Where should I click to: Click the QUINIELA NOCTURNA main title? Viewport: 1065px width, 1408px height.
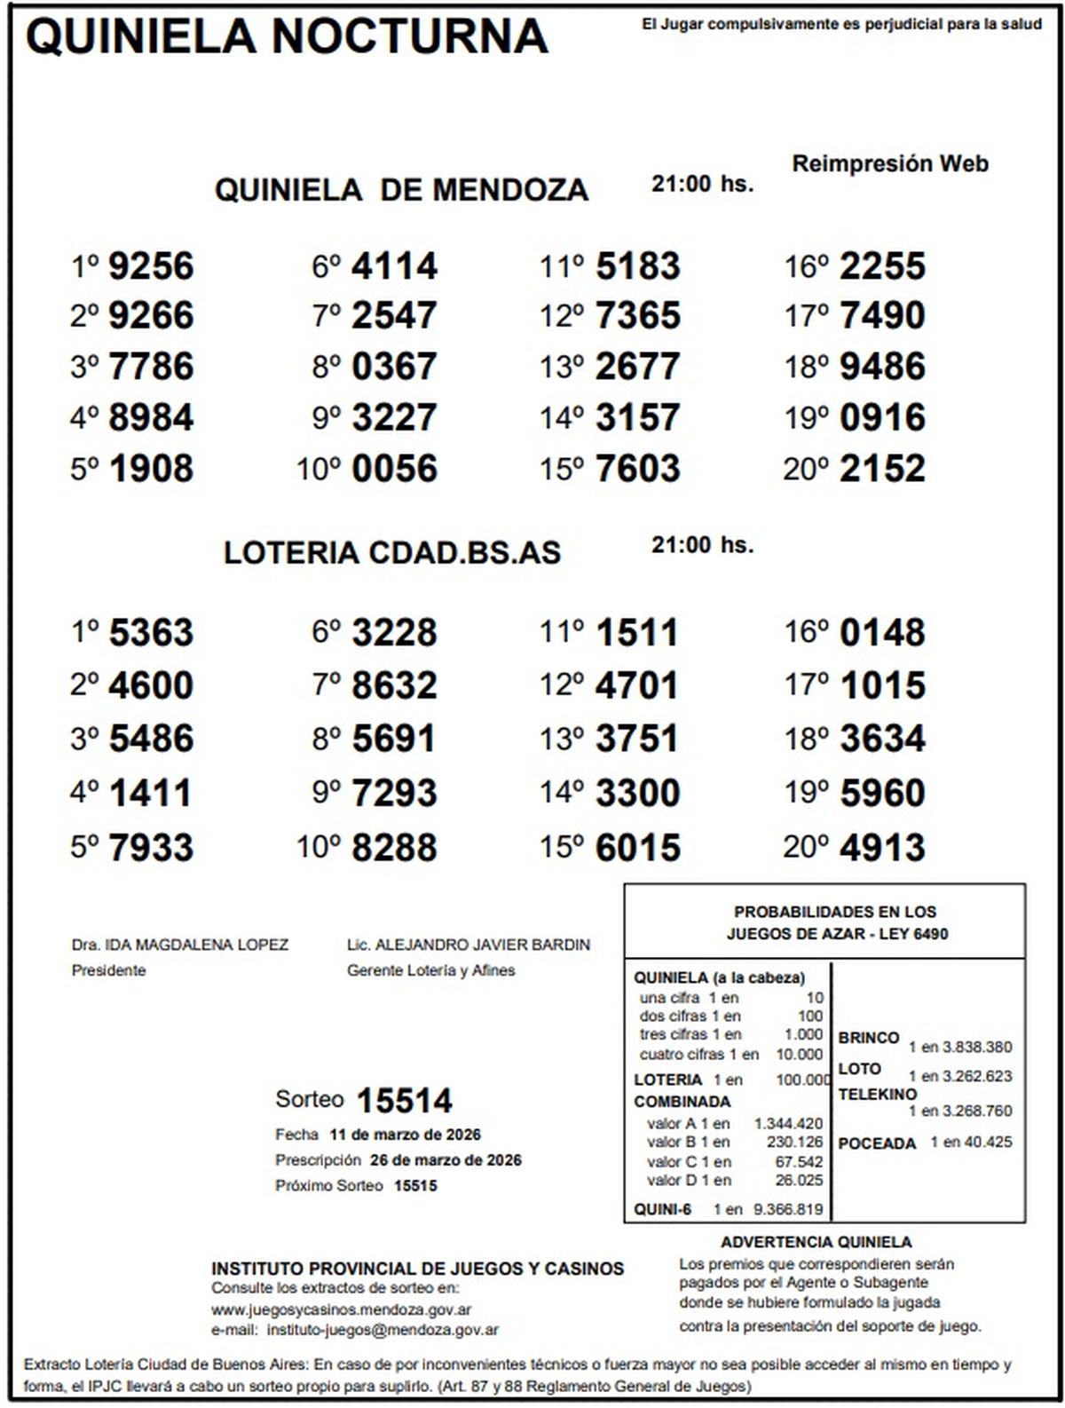(287, 36)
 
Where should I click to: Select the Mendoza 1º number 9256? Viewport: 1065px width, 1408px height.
(150, 265)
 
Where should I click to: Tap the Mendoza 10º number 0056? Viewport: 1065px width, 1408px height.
(394, 469)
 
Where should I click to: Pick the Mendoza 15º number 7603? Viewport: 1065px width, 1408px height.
(637, 469)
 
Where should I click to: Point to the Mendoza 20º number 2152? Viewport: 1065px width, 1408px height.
(882, 469)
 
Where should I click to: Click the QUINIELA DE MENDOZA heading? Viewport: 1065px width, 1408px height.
(401, 189)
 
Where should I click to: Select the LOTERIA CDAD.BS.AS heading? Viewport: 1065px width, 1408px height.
(392, 552)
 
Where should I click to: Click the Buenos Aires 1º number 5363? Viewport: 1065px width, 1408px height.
(150, 633)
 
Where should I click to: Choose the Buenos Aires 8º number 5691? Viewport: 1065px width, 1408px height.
(394, 739)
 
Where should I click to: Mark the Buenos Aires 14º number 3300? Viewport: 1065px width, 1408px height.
(637, 793)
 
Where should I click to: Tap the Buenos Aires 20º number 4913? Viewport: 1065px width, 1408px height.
(882, 848)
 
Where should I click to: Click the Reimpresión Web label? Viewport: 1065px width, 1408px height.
(889, 163)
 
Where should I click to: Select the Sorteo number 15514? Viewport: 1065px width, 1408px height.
(404, 1101)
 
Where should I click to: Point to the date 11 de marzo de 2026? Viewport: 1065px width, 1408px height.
(405, 1135)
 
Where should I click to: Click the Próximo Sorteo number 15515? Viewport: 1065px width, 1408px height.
(415, 1186)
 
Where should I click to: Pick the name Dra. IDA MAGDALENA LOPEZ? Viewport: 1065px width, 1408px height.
(180, 945)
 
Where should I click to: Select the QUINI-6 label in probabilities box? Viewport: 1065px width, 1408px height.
(662, 1209)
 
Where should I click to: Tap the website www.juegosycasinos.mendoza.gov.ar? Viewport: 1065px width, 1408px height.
(341, 1309)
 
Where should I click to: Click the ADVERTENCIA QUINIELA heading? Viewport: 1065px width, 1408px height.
(816, 1242)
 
